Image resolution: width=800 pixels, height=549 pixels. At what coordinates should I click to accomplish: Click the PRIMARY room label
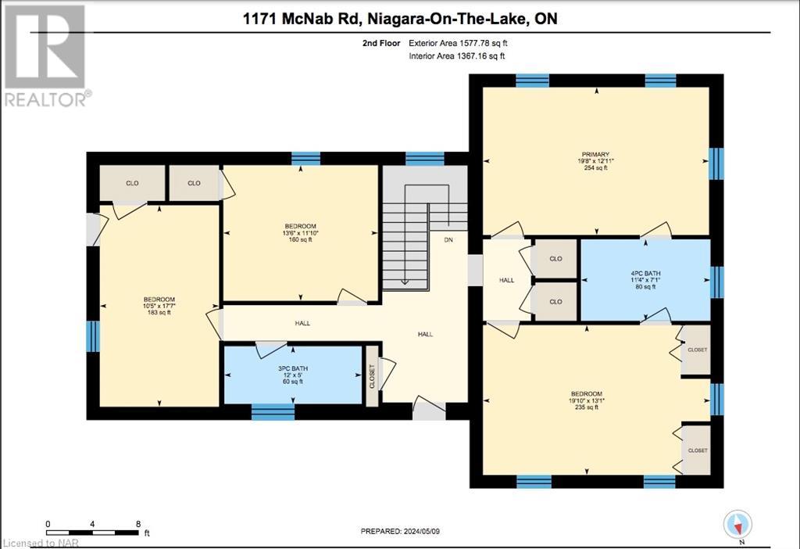(595, 155)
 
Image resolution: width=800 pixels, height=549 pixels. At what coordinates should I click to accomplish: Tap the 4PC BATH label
(646, 273)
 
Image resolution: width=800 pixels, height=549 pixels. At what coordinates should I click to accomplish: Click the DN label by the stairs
(448, 240)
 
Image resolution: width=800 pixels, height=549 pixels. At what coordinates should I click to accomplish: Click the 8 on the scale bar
(137, 524)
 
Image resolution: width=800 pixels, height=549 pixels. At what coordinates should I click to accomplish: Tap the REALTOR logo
(45, 55)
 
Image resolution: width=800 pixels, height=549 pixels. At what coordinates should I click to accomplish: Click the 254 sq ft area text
(596, 168)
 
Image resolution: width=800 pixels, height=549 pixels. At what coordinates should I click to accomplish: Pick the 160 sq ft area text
(301, 239)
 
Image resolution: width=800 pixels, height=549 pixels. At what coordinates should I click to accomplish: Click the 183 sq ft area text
(159, 313)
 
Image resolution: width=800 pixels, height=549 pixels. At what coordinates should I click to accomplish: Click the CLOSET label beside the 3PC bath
(373, 376)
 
